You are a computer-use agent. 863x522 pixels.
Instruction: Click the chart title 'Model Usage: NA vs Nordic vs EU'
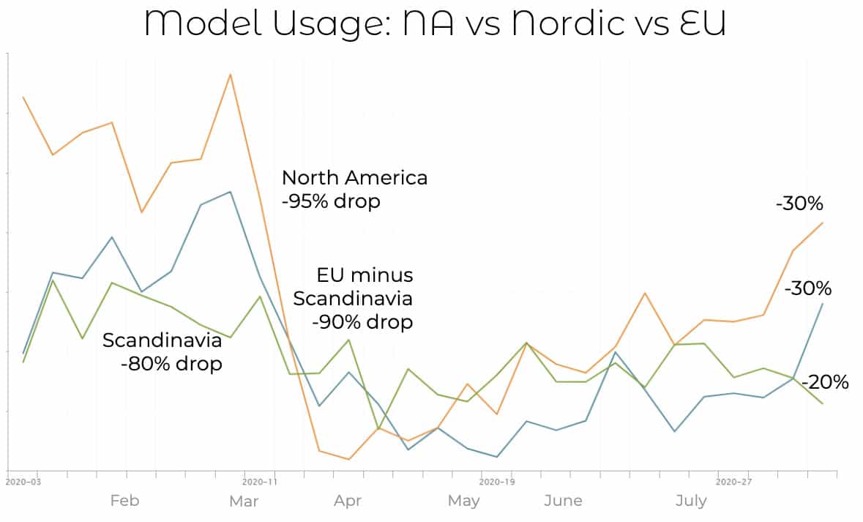click(435, 23)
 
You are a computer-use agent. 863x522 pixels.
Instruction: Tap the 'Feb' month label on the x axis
click(124, 501)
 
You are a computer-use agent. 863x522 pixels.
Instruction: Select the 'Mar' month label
click(243, 501)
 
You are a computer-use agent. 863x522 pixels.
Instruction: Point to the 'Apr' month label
click(348, 501)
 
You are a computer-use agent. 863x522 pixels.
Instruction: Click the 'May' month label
click(463, 501)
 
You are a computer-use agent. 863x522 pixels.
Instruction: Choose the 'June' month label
click(563, 501)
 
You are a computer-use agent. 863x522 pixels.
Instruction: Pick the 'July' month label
click(691, 501)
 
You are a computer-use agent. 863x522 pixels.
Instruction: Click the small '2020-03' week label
click(23, 482)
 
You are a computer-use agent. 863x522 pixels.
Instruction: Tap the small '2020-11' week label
click(261, 482)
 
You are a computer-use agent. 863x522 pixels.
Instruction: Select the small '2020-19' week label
click(498, 482)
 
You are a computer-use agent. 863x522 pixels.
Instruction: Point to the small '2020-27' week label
click(734, 482)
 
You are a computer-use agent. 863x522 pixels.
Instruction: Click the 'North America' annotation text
click(354, 178)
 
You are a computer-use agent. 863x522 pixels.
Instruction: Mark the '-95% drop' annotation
click(331, 201)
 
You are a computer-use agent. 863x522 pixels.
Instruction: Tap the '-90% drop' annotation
click(362, 321)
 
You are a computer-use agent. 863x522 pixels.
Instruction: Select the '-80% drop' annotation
click(171, 363)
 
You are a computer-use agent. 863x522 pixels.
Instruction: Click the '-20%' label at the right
click(825, 382)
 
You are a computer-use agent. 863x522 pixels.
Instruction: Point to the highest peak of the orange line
click(231, 74)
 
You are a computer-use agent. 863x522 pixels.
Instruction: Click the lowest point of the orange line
click(348, 459)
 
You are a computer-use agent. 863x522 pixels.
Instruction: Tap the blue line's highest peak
click(231, 192)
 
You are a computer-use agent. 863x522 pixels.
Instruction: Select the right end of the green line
click(823, 403)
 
